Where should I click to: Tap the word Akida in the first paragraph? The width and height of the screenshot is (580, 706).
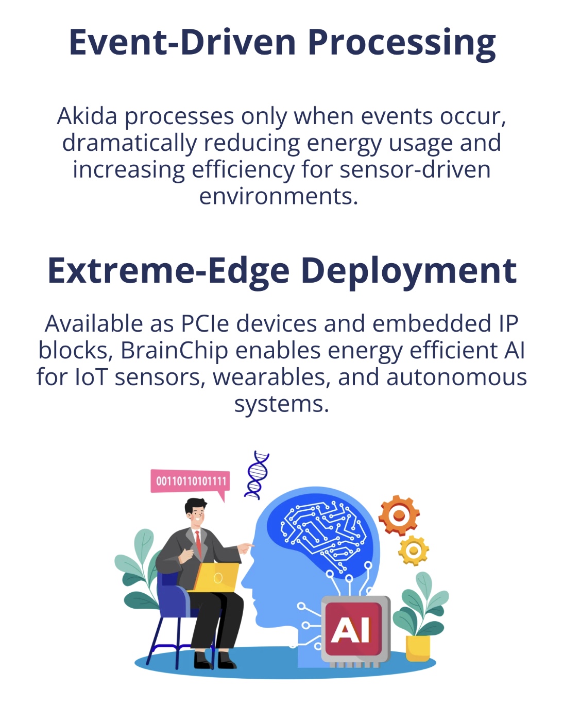(x=87, y=116)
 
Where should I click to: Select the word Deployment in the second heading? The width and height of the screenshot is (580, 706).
(x=409, y=272)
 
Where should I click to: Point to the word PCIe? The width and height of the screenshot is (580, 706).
(x=205, y=324)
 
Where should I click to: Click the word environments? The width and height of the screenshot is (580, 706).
(x=279, y=197)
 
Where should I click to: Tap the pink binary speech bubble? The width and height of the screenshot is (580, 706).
(x=190, y=483)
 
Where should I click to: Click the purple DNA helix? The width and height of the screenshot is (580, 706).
(x=257, y=475)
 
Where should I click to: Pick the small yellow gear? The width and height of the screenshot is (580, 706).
(x=413, y=550)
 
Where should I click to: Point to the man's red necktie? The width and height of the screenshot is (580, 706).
(x=198, y=544)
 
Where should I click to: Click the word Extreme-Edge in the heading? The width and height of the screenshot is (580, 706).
(x=168, y=271)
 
